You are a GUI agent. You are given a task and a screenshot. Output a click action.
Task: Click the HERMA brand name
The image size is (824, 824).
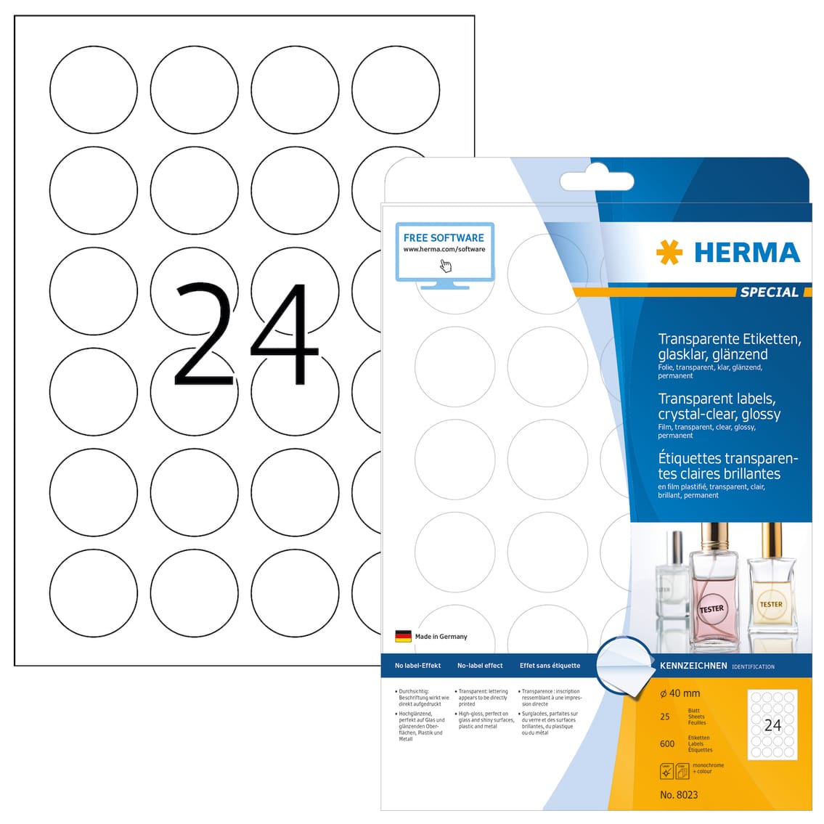coord(746,253)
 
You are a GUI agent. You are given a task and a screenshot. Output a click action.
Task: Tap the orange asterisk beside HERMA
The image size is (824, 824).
coord(669,253)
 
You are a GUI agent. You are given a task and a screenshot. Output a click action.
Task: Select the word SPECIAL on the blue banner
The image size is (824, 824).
coord(769,292)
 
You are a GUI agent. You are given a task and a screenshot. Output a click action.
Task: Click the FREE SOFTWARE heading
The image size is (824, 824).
coord(444,237)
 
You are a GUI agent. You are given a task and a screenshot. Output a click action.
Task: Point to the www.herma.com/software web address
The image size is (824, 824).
coord(444,249)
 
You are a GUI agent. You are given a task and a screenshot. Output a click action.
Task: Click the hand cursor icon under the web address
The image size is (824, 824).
coord(445,265)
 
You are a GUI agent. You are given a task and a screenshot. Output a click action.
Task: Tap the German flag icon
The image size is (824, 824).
coord(403,636)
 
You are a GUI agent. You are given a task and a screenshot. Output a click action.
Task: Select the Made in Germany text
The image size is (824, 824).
coord(441,637)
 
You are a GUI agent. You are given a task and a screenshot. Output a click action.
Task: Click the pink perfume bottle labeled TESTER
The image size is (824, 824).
coord(711,595)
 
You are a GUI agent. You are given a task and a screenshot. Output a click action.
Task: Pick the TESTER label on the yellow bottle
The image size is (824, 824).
coord(770,604)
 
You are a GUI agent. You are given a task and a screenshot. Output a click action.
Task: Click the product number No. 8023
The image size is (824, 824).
coord(679,794)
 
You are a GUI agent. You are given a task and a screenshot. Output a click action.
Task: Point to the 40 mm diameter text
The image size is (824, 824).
coord(680,693)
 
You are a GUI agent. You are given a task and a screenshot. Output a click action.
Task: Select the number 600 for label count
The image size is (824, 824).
coord(667,743)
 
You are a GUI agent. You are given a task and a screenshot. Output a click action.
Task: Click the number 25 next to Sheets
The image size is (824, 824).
coord(665,717)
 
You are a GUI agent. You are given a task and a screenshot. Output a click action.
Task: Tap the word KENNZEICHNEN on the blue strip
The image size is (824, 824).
coord(693,666)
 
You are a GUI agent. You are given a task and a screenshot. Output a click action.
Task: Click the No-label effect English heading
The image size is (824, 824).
coord(480,666)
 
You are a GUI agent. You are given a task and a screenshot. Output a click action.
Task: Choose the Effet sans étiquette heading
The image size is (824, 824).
coord(550,666)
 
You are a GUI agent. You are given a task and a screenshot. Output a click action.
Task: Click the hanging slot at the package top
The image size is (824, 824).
coord(597,181)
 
